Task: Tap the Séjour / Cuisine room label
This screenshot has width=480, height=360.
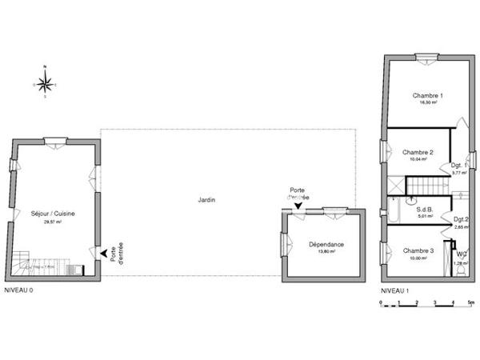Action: pos(52,214)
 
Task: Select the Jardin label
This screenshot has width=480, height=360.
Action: pos(206,200)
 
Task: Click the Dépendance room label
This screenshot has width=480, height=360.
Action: pos(326,245)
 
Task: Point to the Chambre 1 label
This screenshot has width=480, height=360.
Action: pos(427,96)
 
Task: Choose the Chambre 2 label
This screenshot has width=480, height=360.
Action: pos(418,152)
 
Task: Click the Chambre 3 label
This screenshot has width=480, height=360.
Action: pos(418,250)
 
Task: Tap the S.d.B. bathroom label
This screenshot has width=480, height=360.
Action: pos(424,207)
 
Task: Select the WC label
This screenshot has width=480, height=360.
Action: pos(462,254)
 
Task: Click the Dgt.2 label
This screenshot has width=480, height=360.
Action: pos(462,219)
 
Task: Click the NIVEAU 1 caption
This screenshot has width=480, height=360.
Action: pos(394,290)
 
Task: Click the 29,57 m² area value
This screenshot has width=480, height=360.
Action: pos(53,222)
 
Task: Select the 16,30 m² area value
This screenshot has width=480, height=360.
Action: pos(427,103)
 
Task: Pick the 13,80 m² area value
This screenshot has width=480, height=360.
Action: pos(326,252)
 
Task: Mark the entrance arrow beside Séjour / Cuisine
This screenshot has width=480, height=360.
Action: pos(102,253)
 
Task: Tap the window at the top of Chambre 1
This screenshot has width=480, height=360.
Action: pos(426,56)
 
